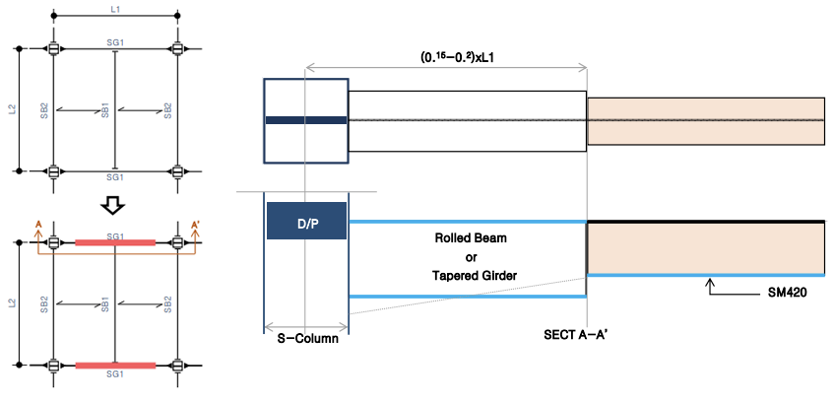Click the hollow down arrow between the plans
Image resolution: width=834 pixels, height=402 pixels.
point(114,205)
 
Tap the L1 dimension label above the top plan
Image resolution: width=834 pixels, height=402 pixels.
point(114,8)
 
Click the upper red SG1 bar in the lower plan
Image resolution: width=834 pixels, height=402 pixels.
point(115,241)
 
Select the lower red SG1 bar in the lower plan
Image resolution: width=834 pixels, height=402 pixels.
point(115,366)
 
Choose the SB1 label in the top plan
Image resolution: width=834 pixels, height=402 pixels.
point(105,109)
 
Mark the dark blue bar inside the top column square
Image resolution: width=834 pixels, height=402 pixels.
point(306,120)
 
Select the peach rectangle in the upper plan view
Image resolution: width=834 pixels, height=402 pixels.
point(705,121)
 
